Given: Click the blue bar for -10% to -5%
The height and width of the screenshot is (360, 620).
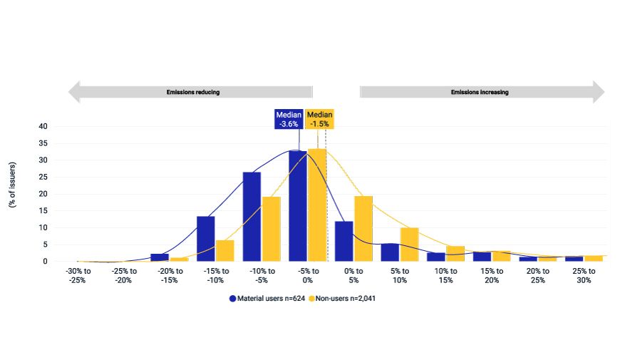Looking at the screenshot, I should [x=252, y=217].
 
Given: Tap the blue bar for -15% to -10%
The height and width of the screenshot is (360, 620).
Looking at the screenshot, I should [x=206, y=238].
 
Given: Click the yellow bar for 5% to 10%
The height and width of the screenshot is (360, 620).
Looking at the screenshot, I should [x=409, y=244].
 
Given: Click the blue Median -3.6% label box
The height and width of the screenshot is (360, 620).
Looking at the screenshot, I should [x=289, y=119].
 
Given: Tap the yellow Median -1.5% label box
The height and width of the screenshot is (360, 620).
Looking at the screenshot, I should [x=319, y=119].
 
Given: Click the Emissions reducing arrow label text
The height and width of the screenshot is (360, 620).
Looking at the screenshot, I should [x=193, y=92].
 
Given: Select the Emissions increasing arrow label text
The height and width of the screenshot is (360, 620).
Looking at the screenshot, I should [x=480, y=92].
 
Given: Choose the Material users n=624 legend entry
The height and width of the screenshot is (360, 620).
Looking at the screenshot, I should [x=267, y=299].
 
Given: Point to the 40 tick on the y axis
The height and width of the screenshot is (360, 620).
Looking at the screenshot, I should [x=43, y=126].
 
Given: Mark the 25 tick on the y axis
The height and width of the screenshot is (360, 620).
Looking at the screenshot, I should [x=43, y=177].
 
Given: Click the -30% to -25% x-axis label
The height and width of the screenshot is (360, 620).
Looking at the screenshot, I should [x=78, y=275].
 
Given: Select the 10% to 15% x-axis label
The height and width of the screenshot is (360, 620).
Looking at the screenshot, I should [x=445, y=275].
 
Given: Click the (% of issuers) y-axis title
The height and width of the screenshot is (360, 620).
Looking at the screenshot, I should [x=12, y=184].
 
